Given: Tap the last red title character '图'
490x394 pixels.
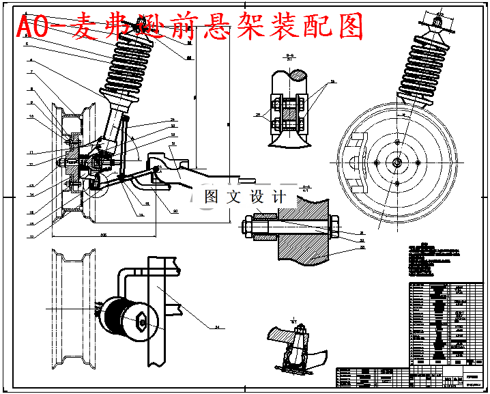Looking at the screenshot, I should pos(348,27).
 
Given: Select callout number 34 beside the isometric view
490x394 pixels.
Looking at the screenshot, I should pos(217,328).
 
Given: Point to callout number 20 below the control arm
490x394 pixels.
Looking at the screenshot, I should pos(175,211).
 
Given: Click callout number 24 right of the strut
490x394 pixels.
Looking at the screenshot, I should pos(173,120).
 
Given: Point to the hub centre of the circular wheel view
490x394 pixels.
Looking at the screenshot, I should pos(397,162).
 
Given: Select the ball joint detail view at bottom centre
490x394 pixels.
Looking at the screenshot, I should pos(294,348).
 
